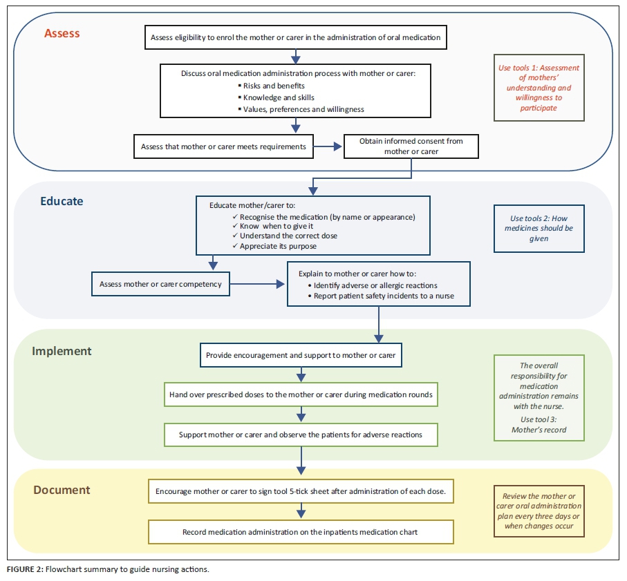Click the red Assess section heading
coord(62,32)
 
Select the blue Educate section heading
coord(62,202)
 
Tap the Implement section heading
coord(62,351)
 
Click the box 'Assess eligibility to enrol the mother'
coord(295,37)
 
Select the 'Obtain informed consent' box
coord(411,146)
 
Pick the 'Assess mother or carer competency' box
coord(160,284)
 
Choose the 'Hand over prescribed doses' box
coord(301,395)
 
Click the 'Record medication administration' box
coord(301,532)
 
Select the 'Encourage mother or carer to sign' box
coord(301,492)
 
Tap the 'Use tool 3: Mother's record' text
coord(539,424)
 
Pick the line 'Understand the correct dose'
coord(289,236)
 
